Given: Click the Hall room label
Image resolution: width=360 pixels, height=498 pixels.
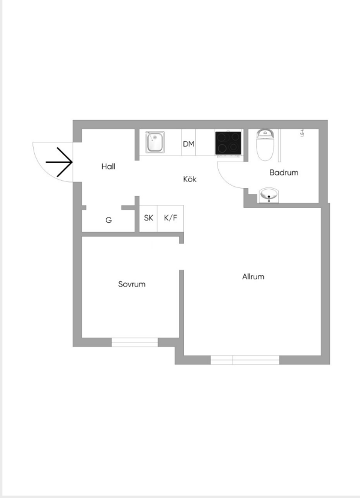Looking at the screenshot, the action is (x=108, y=166).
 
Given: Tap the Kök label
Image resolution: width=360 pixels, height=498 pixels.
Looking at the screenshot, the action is (x=190, y=179).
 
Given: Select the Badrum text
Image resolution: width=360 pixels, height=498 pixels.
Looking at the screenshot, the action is (x=284, y=172).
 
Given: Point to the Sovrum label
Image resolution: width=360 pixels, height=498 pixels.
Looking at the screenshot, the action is (x=132, y=284).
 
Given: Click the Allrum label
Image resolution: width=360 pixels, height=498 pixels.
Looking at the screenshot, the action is (x=253, y=276).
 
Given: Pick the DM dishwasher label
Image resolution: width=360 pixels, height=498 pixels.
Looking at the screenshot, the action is (x=189, y=144).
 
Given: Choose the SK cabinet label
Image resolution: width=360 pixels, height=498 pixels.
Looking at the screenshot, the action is (x=148, y=218).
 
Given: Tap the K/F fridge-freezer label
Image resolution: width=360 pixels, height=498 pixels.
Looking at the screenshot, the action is (x=171, y=218).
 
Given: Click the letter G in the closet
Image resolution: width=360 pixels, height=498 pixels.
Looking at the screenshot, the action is (x=109, y=220).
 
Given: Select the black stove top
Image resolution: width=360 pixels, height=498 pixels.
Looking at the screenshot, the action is (x=228, y=143).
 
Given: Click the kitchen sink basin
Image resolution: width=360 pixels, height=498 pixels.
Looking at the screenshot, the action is (x=155, y=142).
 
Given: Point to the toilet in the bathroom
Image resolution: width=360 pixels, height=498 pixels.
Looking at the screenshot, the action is (x=265, y=145).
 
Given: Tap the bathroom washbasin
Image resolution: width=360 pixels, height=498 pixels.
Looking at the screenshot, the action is (x=269, y=195).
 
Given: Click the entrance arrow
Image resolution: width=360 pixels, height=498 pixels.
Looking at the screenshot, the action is (x=59, y=162).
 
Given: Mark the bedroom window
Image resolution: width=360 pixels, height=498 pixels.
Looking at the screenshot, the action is (x=135, y=342).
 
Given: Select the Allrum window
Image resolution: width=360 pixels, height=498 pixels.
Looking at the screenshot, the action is (x=245, y=360).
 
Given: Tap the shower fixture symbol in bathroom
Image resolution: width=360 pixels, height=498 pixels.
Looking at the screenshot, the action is (x=302, y=133).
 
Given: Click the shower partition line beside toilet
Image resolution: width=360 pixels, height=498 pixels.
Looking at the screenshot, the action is (x=279, y=145).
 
